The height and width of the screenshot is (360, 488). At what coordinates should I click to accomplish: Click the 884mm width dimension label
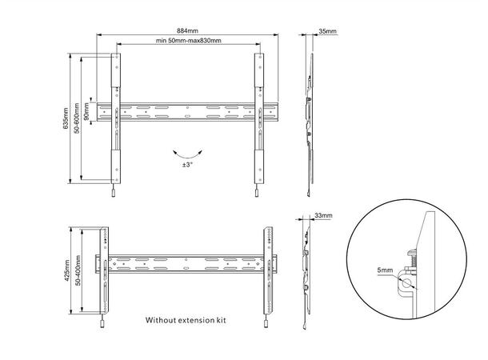pos(189,30)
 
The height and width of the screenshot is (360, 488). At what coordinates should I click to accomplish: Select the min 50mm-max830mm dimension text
pos(189,41)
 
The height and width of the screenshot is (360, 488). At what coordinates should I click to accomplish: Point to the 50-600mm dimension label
pos(77,118)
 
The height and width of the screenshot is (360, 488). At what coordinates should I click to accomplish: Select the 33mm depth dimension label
pos(323,216)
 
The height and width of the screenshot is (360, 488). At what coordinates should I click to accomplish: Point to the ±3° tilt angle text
pos(187,164)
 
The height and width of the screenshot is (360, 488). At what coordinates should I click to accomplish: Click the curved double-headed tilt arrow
pos(187,152)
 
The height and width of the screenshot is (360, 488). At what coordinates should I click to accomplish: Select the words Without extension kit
pos(186,319)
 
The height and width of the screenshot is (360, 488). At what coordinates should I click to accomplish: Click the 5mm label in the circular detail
pos(382,271)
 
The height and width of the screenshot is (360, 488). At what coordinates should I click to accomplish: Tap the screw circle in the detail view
pos(408,282)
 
